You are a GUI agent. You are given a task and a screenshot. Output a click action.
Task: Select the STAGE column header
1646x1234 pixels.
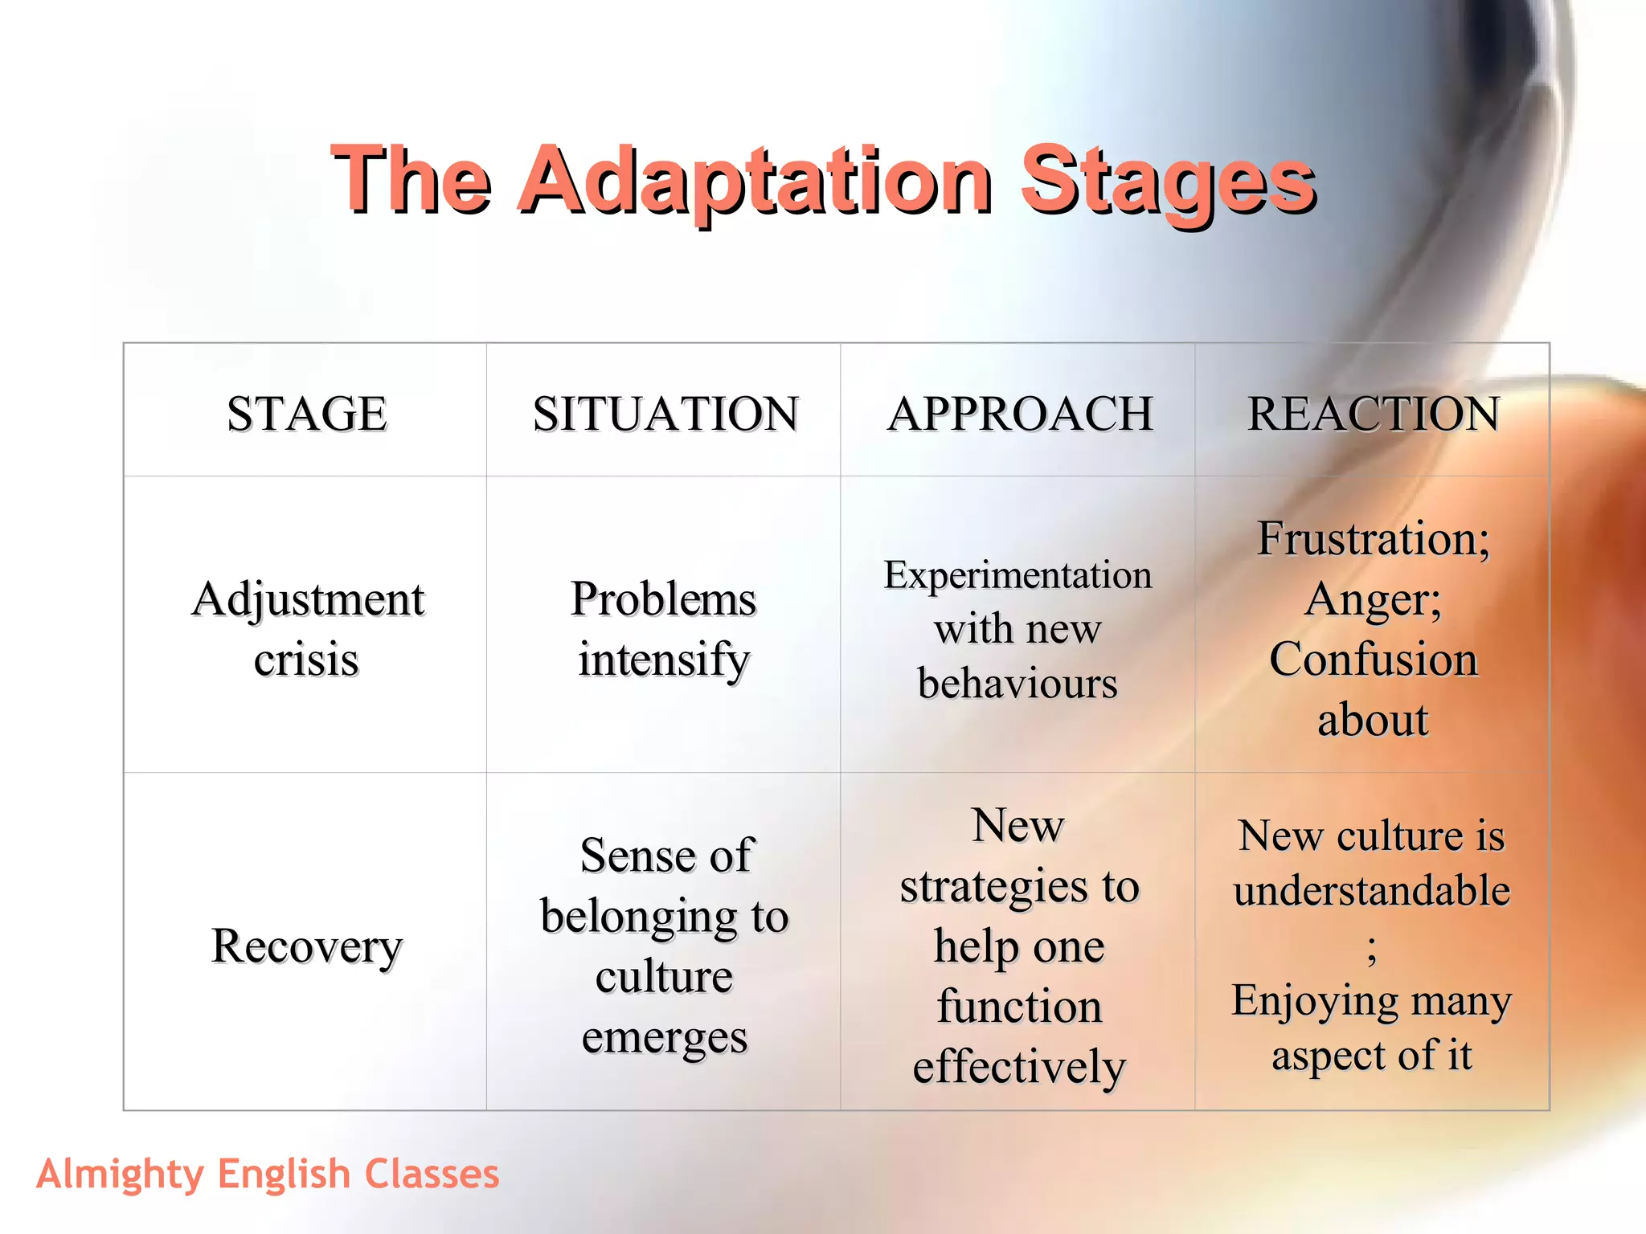pyautogui.click(x=307, y=414)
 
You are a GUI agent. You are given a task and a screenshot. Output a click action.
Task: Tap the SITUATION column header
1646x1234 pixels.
pyautogui.click(x=665, y=414)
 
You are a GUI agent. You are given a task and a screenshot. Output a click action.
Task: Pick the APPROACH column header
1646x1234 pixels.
pyautogui.click(x=1020, y=414)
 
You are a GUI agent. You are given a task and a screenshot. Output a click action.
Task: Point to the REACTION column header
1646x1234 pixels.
pyautogui.click(x=1373, y=414)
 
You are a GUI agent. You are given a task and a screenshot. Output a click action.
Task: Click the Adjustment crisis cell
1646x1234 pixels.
pyautogui.click(x=307, y=629)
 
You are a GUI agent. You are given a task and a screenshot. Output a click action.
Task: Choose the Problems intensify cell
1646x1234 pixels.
pyautogui.click(x=664, y=629)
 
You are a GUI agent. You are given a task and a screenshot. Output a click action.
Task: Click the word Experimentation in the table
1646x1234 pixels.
pyautogui.click(x=1017, y=575)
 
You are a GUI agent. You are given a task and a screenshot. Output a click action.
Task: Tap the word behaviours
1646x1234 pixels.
pyautogui.click(x=1017, y=684)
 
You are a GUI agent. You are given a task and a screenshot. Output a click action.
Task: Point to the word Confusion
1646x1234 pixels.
pyautogui.click(x=1373, y=660)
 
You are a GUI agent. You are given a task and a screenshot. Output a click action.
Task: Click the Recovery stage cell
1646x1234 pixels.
pyautogui.click(x=306, y=946)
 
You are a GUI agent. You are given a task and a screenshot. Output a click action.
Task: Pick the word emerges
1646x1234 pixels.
pyautogui.click(x=665, y=1037)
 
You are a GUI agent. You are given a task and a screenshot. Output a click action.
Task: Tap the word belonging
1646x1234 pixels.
pyautogui.click(x=639, y=917)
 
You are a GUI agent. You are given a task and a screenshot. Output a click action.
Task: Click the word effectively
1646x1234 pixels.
pyautogui.click(x=1019, y=1068)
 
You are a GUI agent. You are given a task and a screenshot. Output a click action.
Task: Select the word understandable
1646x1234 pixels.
pyautogui.click(x=1372, y=891)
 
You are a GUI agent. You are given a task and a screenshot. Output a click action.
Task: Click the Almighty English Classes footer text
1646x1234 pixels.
pyautogui.click(x=268, y=1174)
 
